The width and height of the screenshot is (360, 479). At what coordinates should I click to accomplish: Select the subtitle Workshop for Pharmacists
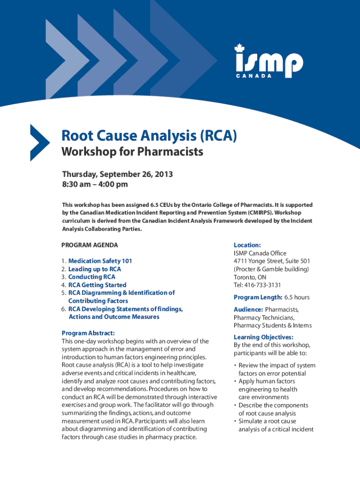133,152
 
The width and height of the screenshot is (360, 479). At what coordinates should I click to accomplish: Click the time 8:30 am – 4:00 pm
95,184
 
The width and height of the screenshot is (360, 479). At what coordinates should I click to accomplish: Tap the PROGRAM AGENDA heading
90,245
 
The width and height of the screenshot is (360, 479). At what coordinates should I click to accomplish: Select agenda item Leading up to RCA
94,269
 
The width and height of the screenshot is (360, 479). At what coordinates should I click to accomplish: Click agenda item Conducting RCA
92,277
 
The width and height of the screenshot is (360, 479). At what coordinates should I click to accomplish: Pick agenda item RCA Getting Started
97,285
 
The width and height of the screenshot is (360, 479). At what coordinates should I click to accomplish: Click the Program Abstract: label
88,333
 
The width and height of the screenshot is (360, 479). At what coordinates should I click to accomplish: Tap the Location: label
247,245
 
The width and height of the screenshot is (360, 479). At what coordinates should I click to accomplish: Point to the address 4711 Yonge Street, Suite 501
272,261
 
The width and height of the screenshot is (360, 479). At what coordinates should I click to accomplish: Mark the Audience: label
248,310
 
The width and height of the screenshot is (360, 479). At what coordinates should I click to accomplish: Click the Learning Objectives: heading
264,337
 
